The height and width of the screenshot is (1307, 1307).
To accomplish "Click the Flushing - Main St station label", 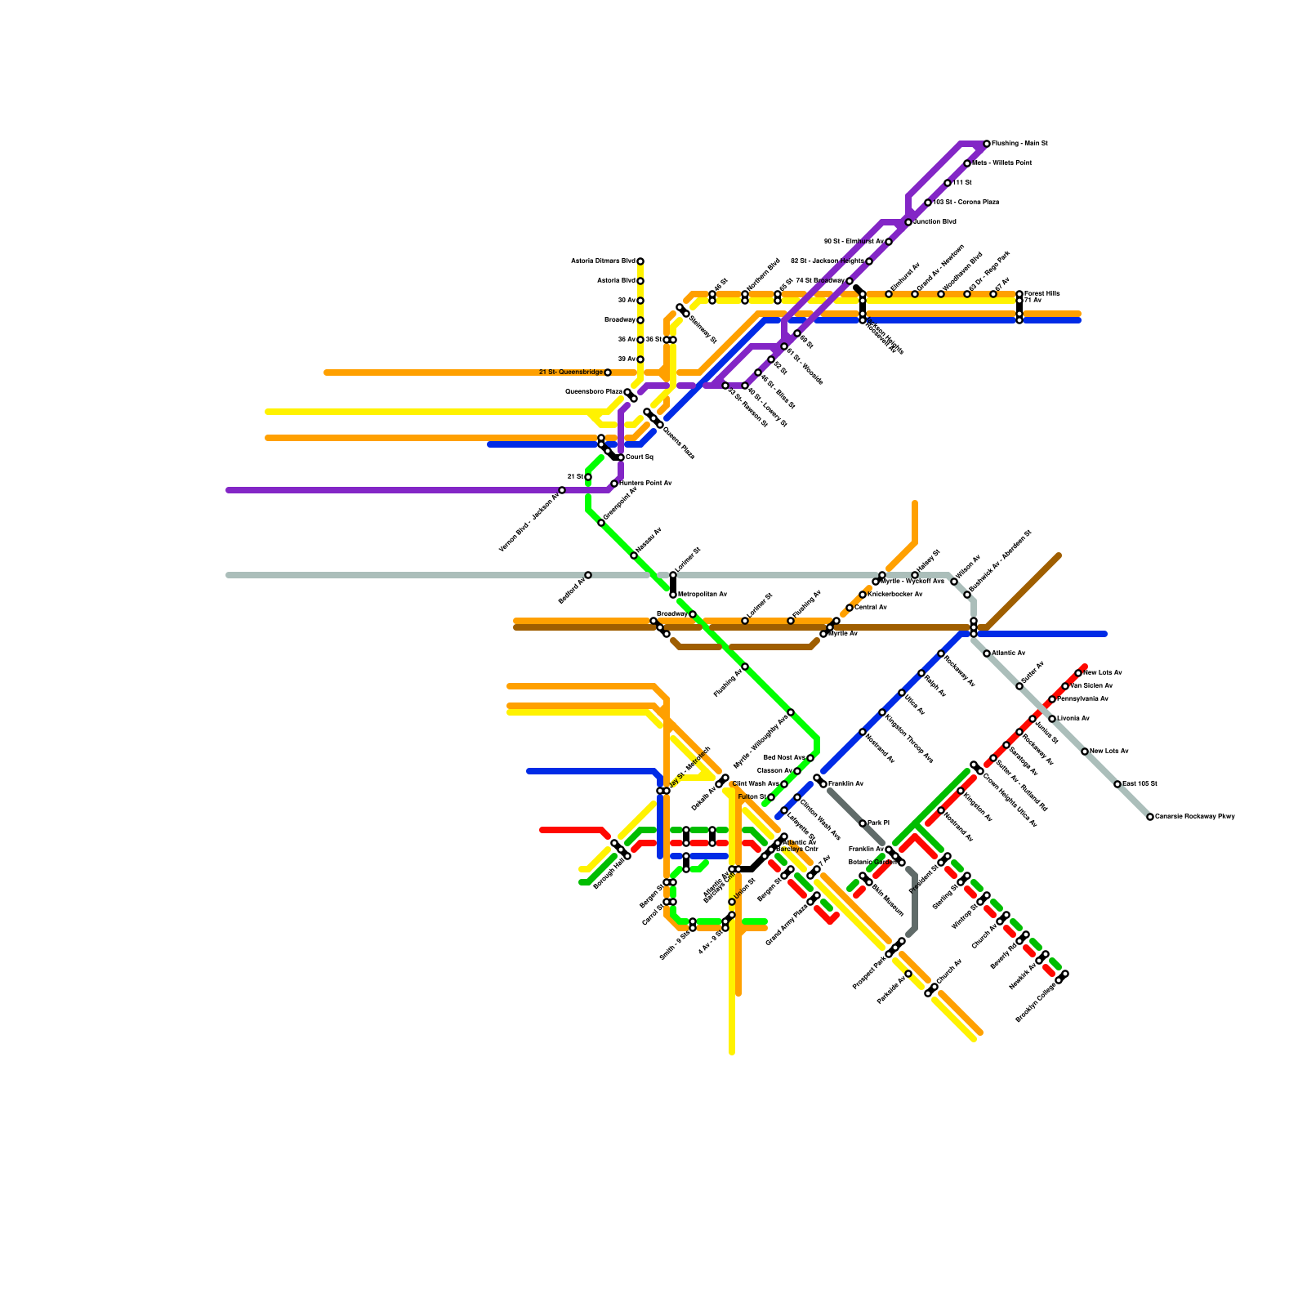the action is click(x=1019, y=144).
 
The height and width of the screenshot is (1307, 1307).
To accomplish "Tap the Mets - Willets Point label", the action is click(x=1001, y=163).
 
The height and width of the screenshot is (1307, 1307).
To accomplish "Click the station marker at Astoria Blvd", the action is click(x=640, y=281).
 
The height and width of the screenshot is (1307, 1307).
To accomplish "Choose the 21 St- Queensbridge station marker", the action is click(x=608, y=372).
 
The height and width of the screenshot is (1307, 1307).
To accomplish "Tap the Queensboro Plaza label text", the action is click(x=594, y=392).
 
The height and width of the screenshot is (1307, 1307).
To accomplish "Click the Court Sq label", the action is click(x=640, y=457).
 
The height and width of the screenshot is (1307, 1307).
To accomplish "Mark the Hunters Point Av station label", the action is click(x=645, y=484).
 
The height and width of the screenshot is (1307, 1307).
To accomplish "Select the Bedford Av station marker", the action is click(x=588, y=575).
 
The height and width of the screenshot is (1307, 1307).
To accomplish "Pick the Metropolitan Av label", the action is click(x=703, y=595).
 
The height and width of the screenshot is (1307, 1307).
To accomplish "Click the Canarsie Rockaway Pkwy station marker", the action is click(x=1150, y=817).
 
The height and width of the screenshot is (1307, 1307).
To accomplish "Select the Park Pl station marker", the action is click(x=863, y=823).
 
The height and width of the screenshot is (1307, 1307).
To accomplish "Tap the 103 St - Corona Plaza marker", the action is click(x=928, y=203).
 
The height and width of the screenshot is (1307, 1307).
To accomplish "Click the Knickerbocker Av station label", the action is click(x=895, y=595).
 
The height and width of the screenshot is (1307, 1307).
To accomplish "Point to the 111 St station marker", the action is click(x=948, y=183).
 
